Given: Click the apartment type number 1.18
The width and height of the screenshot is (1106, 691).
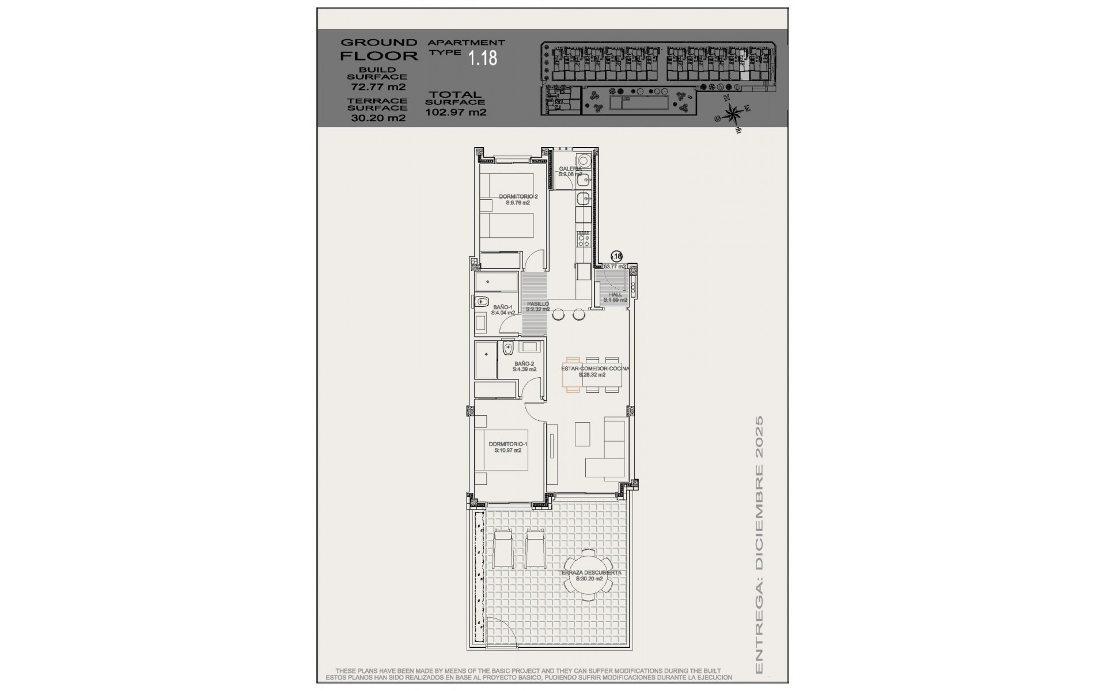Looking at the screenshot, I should (x=482, y=58).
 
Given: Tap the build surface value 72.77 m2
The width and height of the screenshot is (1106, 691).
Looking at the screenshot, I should (x=378, y=88).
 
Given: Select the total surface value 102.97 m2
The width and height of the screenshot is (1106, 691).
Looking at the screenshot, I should (x=456, y=112).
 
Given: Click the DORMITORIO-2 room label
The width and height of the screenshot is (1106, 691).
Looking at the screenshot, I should (x=518, y=199).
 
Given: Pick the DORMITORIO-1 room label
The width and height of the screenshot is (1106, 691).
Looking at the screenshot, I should (x=507, y=447).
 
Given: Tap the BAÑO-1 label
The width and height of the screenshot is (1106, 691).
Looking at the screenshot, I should (x=502, y=310).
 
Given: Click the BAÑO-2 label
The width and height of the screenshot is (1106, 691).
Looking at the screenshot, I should (x=524, y=366).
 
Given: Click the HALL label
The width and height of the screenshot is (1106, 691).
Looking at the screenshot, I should (x=615, y=297).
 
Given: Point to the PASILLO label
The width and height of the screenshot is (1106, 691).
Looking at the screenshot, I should (x=537, y=306).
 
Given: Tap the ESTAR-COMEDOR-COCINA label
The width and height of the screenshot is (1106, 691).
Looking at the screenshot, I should (x=595, y=371).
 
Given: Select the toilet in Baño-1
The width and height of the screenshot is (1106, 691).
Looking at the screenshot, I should (x=480, y=302).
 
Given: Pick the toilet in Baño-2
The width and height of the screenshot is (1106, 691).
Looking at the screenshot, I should (x=508, y=348).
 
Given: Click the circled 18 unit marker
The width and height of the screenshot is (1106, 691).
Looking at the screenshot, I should (x=616, y=256).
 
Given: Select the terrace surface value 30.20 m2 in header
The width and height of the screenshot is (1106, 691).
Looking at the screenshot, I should (x=378, y=118).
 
